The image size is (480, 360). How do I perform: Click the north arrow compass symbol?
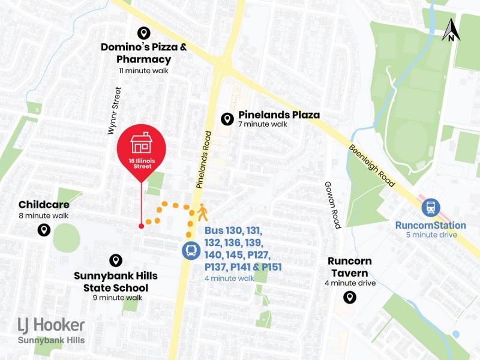(x=451, y=30)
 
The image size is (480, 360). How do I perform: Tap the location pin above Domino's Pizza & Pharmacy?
(x=143, y=33)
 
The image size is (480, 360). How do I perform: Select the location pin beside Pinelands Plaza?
(x=227, y=119)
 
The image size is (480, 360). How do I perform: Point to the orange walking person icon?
(x=202, y=212)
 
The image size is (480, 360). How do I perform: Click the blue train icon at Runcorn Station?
(x=430, y=208)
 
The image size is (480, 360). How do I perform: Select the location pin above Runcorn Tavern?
(x=349, y=297)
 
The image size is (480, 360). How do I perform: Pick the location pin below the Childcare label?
(x=43, y=230)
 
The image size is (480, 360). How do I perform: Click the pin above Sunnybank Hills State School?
(x=116, y=260)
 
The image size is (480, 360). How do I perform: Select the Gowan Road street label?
(x=332, y=205)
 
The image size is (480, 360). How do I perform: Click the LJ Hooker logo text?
(x=52, y=325)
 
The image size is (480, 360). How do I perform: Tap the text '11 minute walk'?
(x=143, y=70)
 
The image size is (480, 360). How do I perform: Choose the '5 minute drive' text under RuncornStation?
(x=430, y=235)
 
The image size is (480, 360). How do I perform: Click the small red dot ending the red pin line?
(x=141, y=226)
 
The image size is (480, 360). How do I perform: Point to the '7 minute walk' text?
(x=263, y=125)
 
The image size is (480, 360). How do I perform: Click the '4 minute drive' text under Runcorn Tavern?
(x=350, y=283)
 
